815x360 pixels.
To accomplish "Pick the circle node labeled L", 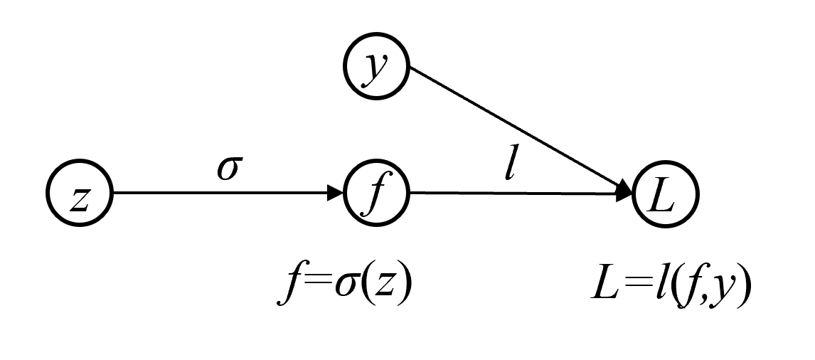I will click(x=666, y=193).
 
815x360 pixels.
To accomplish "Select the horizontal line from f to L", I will click(x=512, y=193).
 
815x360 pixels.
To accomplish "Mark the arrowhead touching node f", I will click(x=336, y=193).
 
